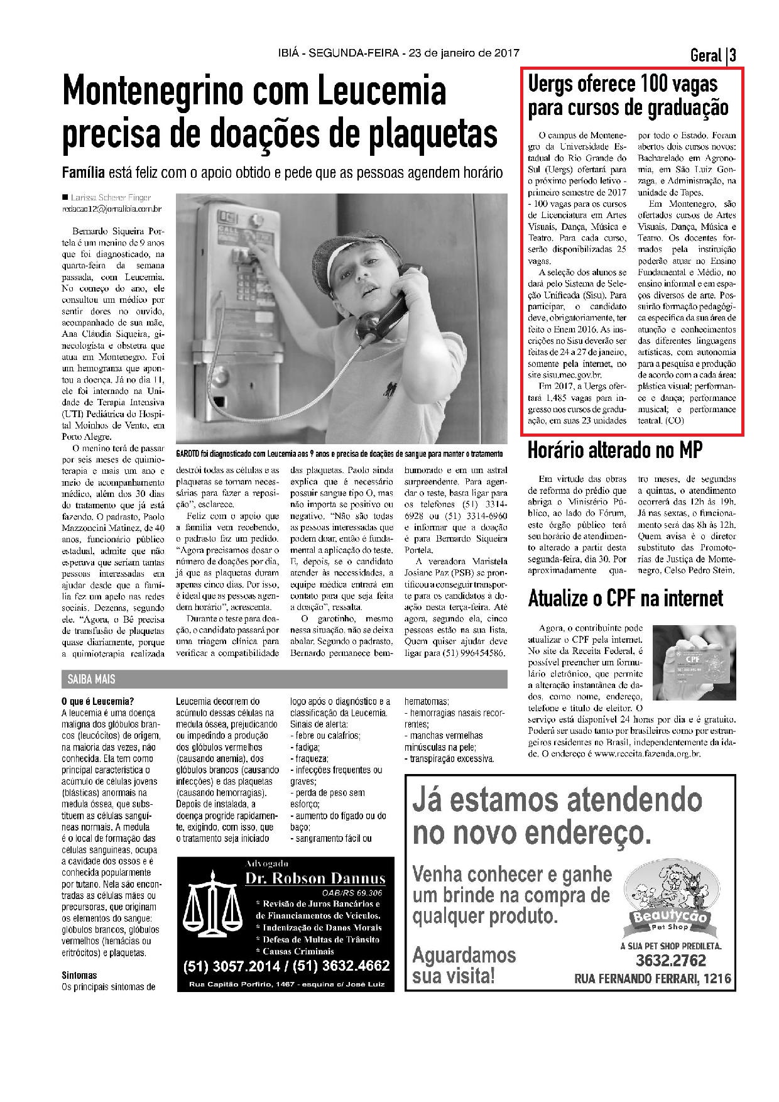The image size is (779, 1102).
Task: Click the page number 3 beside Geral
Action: [733, 56]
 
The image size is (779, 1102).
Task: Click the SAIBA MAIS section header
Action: [88, 680]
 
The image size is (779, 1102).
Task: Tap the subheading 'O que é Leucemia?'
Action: [97, 702]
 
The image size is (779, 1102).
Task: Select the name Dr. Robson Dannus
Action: [315, 878]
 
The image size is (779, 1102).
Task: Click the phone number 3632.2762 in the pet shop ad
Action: [670, 961]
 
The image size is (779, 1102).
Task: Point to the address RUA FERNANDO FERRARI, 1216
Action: [653, 979]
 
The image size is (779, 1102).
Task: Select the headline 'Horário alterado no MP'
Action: [614, 450]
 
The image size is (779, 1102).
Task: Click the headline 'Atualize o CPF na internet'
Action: [625, 598]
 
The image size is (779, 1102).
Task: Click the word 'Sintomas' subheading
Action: [79, 976]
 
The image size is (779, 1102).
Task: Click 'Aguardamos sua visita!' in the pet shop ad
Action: [464, 966]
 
